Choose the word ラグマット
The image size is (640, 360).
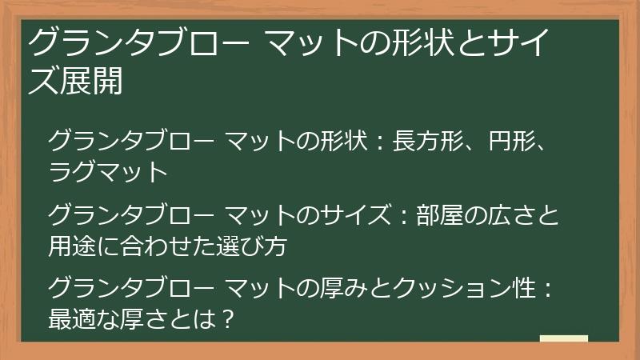click(108, 171)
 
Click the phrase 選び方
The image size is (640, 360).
click(257, 246)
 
